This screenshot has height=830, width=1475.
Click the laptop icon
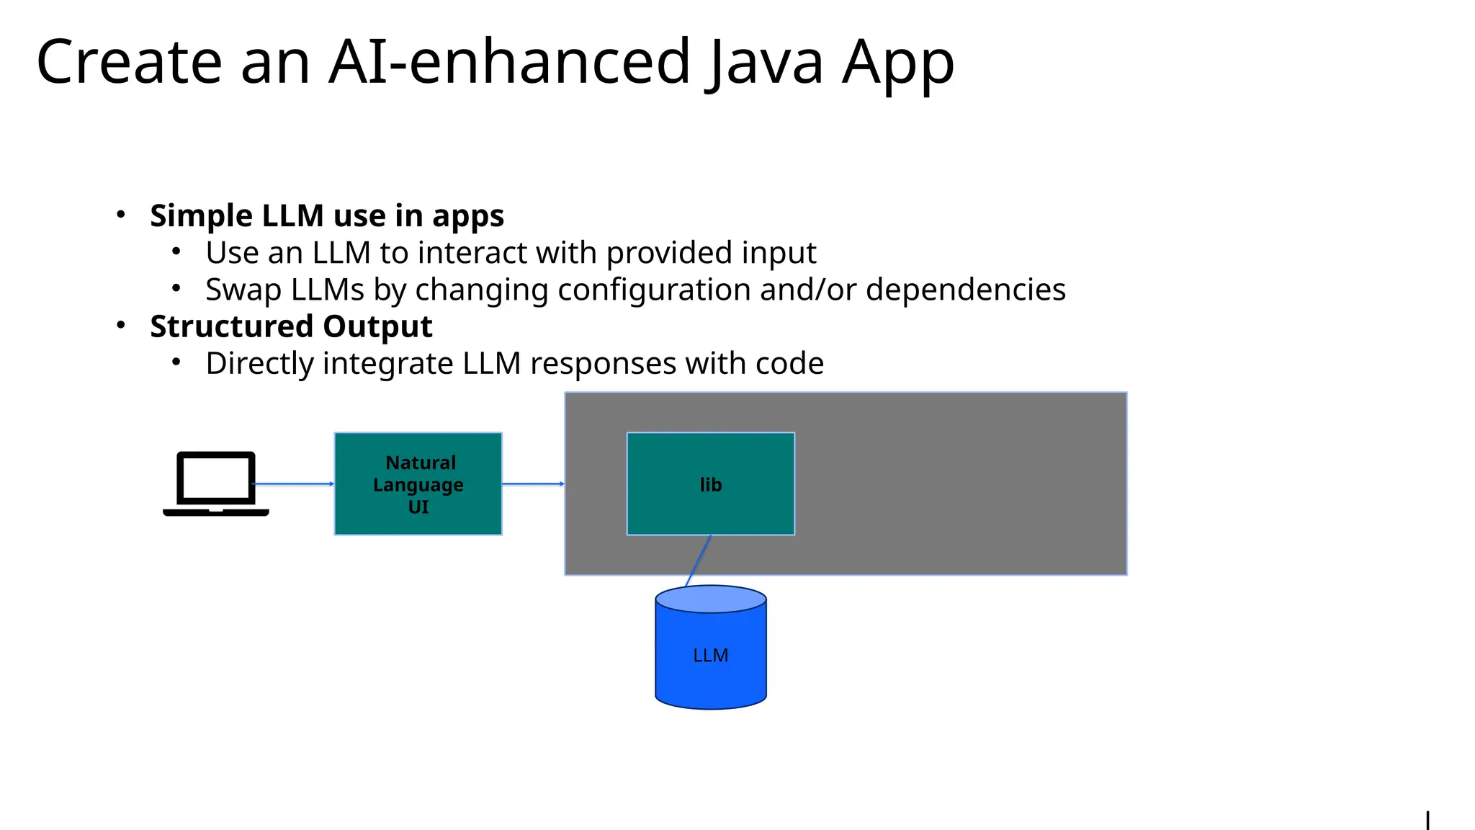216,483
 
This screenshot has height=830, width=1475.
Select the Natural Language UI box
418,483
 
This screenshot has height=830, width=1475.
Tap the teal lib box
711,483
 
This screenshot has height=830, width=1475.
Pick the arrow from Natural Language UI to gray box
533,483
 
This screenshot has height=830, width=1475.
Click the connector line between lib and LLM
699,561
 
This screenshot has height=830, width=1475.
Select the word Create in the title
129,63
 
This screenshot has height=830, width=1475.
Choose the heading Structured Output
291,326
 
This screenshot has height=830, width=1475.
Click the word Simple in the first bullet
201,215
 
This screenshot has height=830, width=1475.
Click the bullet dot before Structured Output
121,326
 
